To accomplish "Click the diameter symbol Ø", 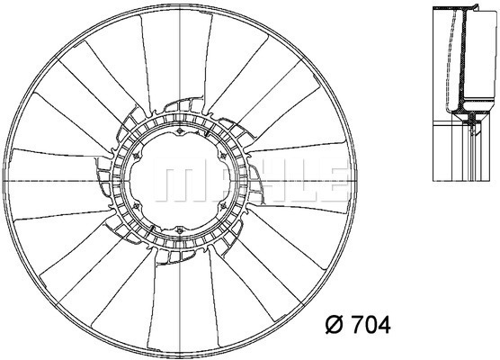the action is (x=335, y=325).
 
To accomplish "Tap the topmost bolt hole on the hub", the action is (x=180, y=131).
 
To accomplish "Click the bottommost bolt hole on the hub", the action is (x=180, y=230).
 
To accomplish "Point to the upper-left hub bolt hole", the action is (x=137, y=156).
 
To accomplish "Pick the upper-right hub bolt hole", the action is (x=223, y=156).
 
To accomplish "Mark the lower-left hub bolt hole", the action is (x=137, y=206).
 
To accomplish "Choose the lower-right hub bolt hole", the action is (x=223, y=206).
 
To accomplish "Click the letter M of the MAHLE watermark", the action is (x=178, y=180).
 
